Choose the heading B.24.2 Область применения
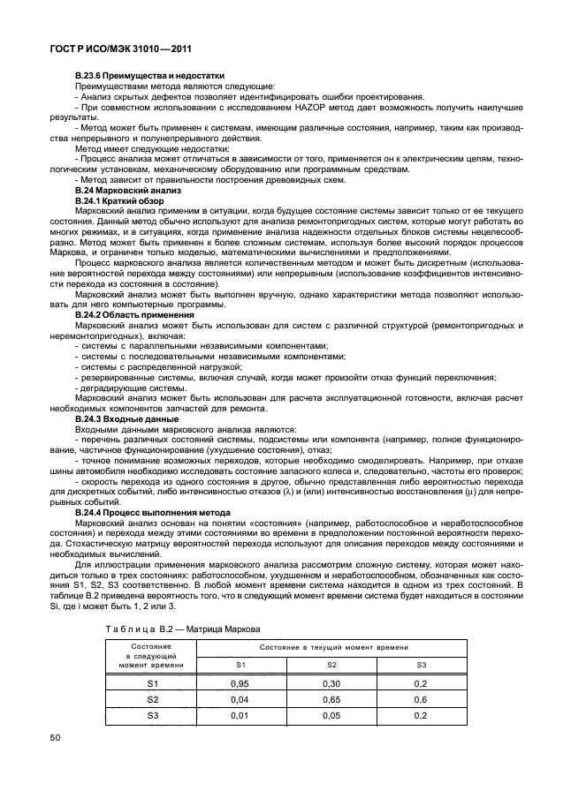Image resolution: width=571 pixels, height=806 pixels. [x=134, y=314]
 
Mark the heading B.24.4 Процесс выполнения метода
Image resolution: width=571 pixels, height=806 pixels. [x=152, y=512]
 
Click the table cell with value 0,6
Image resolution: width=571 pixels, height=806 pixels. [x=421, y=698]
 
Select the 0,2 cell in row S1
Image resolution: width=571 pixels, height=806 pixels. [x=421, y=682]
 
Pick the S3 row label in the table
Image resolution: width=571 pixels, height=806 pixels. [x=151, y=714]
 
